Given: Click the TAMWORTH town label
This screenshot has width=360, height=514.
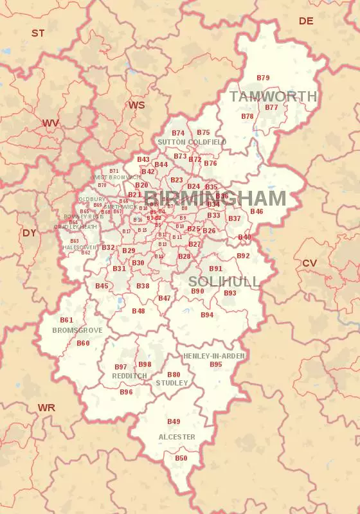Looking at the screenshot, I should [x=273, y=96].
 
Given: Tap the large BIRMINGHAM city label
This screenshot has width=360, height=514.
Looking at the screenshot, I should [x=215, y=198].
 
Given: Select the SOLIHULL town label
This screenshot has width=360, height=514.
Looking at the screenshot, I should [x=224, y=281].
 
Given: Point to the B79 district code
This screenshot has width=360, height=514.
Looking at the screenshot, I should [x=263, y=78].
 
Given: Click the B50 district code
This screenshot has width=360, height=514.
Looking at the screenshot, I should [x=181, y=458].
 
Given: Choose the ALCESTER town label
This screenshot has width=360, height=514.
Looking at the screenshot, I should [x=177, y=437].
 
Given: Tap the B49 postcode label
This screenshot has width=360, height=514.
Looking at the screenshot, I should [x=174, y=421].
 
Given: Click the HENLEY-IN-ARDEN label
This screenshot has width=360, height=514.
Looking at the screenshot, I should [x=214, y=355].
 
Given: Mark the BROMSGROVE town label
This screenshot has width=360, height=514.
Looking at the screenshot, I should [x=77, y=330].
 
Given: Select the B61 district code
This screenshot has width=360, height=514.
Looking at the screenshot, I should [x=66, y=320].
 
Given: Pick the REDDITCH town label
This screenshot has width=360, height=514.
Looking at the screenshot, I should [x=129, y=376].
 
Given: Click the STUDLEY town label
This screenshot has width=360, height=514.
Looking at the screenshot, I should [x=172, y=383].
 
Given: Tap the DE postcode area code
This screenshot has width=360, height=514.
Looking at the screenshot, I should [x=306, y=21].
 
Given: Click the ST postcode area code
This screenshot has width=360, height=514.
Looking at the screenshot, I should [x=38, y=33].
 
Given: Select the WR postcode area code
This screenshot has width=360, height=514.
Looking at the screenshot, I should [x=46, y=408].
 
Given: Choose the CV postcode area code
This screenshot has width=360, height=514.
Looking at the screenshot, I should [x=309, y=263].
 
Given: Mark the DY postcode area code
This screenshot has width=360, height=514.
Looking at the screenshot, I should [x=30, y=233].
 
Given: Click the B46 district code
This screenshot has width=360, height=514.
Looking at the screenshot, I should [x=256, y=211].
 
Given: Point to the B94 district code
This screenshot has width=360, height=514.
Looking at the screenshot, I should [x=207, y=315].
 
